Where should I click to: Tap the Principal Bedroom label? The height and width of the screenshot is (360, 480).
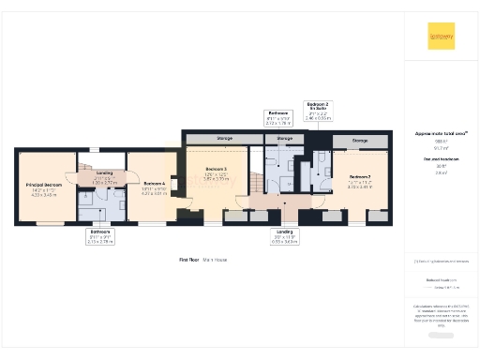43,187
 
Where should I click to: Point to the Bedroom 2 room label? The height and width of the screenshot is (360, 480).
360,179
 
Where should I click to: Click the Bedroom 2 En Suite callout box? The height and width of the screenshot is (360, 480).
319,112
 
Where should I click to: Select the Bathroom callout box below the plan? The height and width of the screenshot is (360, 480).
99,235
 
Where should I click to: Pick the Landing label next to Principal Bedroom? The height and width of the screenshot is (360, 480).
104,176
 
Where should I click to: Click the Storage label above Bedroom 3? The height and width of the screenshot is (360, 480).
224,139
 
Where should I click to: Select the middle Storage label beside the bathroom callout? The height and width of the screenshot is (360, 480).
284,139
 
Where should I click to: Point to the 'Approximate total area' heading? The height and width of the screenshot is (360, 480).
441,133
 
